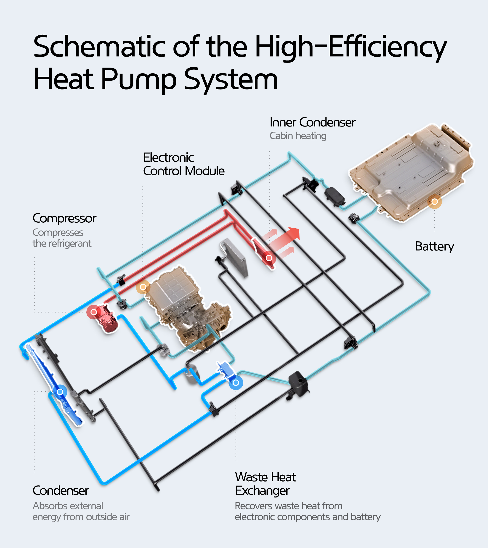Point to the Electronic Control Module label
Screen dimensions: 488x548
(184, 164)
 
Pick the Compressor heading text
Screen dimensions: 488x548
(64, 218)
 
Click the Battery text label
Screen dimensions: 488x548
(434, 246)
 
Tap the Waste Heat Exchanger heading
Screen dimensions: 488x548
(265, 484)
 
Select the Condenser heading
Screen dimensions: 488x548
(61, 491)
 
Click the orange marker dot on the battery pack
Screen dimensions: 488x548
(435, 202)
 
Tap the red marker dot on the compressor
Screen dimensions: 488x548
(94, 312)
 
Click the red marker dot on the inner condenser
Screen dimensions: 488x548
(269, 258)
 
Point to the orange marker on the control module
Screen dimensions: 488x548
(143, 287)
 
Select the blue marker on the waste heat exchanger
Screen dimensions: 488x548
(236, 383)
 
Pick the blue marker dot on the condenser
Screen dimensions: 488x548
(60, 392)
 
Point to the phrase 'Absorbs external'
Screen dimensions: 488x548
(68, 506)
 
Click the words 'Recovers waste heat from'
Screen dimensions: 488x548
(289, 506)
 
